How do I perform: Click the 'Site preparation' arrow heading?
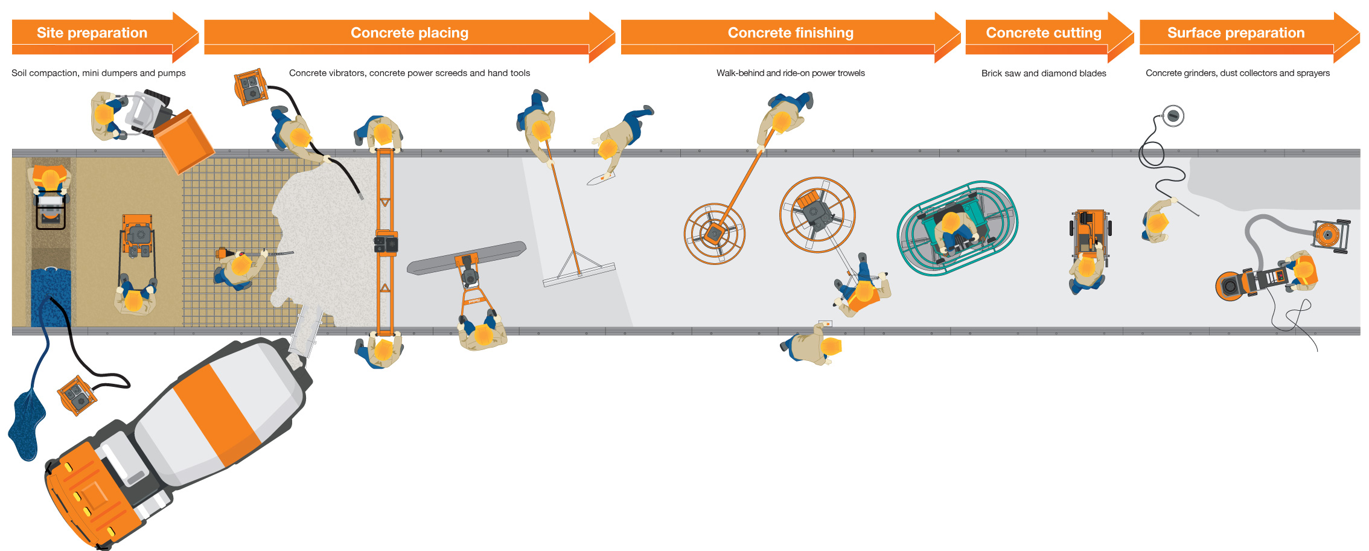pos(92,33)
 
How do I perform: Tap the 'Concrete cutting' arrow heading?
pos(1043,33)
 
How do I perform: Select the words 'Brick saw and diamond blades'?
pos(1043,73)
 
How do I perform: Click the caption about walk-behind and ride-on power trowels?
pos(790,73)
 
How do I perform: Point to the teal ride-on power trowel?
pos(957,228)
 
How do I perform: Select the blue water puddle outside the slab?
pos(27,422)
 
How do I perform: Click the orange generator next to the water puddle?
pos(77,395)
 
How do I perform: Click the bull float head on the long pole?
pos(578,275)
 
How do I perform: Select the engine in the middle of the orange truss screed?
pos(386,244)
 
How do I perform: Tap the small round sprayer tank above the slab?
pos(1172,115)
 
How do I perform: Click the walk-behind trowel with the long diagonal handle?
pos(715,233)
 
